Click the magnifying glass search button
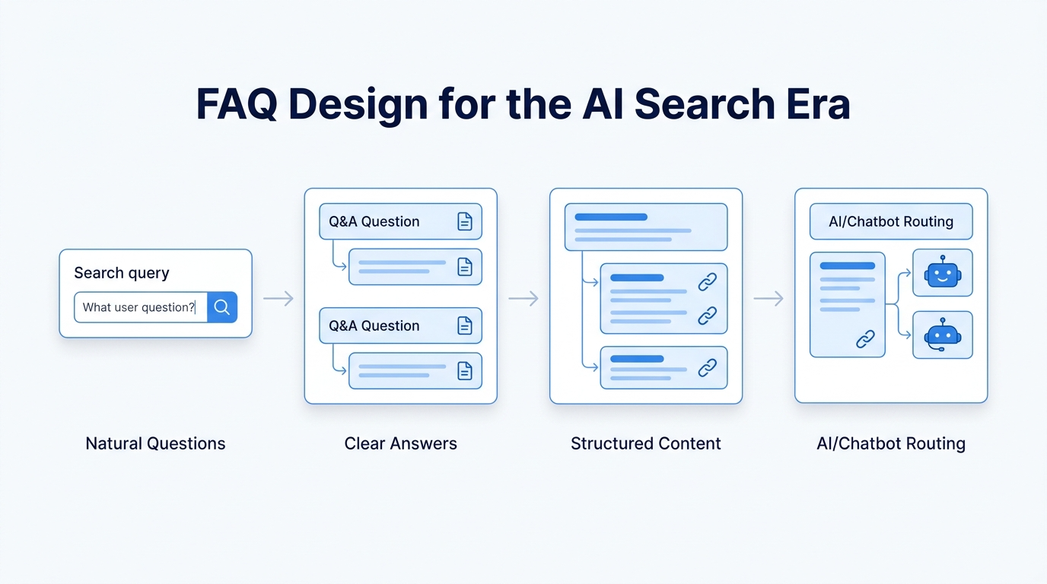221,307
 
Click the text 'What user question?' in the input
138,307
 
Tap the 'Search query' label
122,273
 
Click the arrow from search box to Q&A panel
278,299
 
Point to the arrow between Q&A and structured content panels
523,299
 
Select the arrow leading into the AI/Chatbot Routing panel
769,299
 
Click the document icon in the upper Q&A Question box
464,221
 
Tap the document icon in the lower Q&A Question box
464,325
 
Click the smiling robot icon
942,272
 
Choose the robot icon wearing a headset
942,335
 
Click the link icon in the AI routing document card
865,339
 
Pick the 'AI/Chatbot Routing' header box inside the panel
891,221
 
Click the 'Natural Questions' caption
155,443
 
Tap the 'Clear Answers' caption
400,443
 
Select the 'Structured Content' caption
645,443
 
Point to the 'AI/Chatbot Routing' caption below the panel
891,443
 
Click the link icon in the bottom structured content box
707,368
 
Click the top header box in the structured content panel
645,227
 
